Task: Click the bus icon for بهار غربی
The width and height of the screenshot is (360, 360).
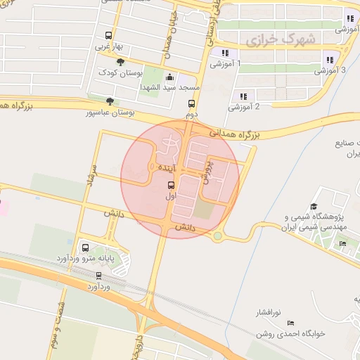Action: [108, 36]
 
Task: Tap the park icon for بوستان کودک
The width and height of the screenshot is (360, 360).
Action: [121, 63]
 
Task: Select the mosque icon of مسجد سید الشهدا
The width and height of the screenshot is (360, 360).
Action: [169, 77]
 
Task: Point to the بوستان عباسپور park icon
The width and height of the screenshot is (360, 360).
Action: [109, 101]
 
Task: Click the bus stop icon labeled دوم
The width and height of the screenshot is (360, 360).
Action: [191, 103]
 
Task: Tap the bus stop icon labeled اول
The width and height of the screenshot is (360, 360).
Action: [170, 186]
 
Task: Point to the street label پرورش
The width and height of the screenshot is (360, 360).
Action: [207, 171]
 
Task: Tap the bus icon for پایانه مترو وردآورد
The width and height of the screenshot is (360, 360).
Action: [85, 247]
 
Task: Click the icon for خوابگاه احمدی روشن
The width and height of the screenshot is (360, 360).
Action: [290, 323]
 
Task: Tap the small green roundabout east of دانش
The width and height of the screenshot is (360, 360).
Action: [218, 236]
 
